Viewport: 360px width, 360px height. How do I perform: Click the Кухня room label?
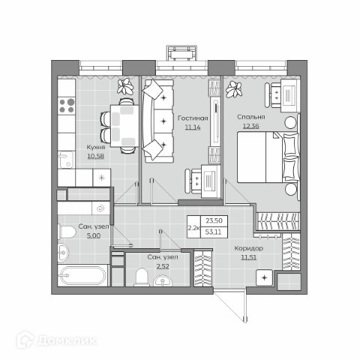tap(96, 147)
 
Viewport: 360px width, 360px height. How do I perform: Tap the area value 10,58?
tap(95, 156)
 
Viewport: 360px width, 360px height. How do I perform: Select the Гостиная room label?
tap(193, 118)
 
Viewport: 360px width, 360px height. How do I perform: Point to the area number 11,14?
tap(193, 127)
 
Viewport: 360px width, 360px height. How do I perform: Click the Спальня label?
tap(251, 117)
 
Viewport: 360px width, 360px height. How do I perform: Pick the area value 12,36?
tap(251, 126)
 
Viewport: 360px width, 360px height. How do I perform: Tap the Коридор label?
tap(249, 248)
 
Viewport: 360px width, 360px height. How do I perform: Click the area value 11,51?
tap(249, 257)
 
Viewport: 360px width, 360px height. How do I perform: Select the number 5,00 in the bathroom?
tap(94, 235)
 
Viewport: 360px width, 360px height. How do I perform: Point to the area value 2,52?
tap(163, 266)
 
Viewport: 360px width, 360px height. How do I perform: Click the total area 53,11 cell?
tap(214, 232)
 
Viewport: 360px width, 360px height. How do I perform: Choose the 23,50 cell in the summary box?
tap(214, 220)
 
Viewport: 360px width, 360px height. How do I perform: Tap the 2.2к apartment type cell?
tap(193, 227)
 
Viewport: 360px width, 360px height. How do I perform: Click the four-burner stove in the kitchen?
tap(67, 106)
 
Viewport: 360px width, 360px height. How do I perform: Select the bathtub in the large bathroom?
tap(83, 275)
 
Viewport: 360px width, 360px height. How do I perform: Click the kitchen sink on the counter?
tap(66, 160)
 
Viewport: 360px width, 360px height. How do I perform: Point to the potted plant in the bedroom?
tap(234, 89)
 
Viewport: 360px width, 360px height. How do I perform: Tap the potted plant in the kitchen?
tap(125, 87)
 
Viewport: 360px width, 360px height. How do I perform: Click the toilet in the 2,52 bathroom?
tap(142, 277)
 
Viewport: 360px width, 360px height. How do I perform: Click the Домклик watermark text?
tap(66, 340)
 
